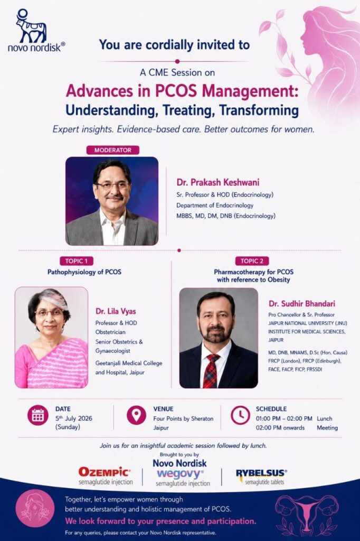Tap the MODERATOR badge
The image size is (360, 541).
[x=113, y=150]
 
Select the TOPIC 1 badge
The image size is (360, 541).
[x=77, y=261]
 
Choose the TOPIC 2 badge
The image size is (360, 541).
[x=252, y=261]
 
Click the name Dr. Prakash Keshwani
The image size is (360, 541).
[x=218, y=182]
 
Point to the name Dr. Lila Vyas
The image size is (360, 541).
[x=116, y=312]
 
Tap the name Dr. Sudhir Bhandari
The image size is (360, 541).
[x=302, y=304]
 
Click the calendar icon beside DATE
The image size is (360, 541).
[x=38, y=415]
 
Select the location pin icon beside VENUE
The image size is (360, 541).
[x=137, y=415]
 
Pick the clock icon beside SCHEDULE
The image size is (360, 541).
[x=240, y=415]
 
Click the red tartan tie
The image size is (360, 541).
[x=211, y=371]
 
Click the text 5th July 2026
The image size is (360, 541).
[x=74, y=418]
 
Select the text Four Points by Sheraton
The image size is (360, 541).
[x=184, y=418]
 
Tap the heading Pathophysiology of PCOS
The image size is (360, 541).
[x=84, y=272]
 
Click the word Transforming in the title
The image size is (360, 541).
[x=259, y=110]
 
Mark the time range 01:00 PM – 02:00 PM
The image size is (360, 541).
[x=284, y=418]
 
